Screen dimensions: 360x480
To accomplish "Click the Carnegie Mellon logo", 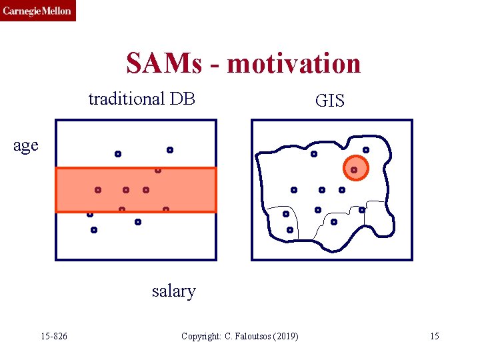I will [x=37, y=11].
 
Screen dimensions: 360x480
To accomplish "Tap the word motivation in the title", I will [x=294, y=64].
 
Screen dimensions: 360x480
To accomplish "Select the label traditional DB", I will [x=141, y=99].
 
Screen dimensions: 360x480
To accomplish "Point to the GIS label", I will [x=329, y=101].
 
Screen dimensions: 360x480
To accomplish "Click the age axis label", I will [x=26, y=145].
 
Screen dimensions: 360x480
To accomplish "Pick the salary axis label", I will [x=173, y=291].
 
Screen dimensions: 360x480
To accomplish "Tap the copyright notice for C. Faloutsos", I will [x=240, y=336].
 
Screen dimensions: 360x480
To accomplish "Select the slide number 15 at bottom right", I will [x=435, y=336].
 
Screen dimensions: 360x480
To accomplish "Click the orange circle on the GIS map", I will [x=355, y=169].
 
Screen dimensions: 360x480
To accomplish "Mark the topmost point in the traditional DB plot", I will [x=170, y=149].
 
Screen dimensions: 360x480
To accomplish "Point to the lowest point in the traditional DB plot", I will [x=94, y=230].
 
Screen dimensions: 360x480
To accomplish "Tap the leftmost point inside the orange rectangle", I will [x=97, y=190].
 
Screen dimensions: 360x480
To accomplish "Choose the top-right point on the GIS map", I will [x=366, y=150].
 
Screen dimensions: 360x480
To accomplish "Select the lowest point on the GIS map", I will [x=290, y=230].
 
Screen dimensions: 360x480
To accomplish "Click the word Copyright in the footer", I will [x=198, y=336].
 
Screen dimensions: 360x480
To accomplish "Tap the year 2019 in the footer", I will [x=286, y=336].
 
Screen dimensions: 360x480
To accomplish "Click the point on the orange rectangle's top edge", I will [x=158, y=170].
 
